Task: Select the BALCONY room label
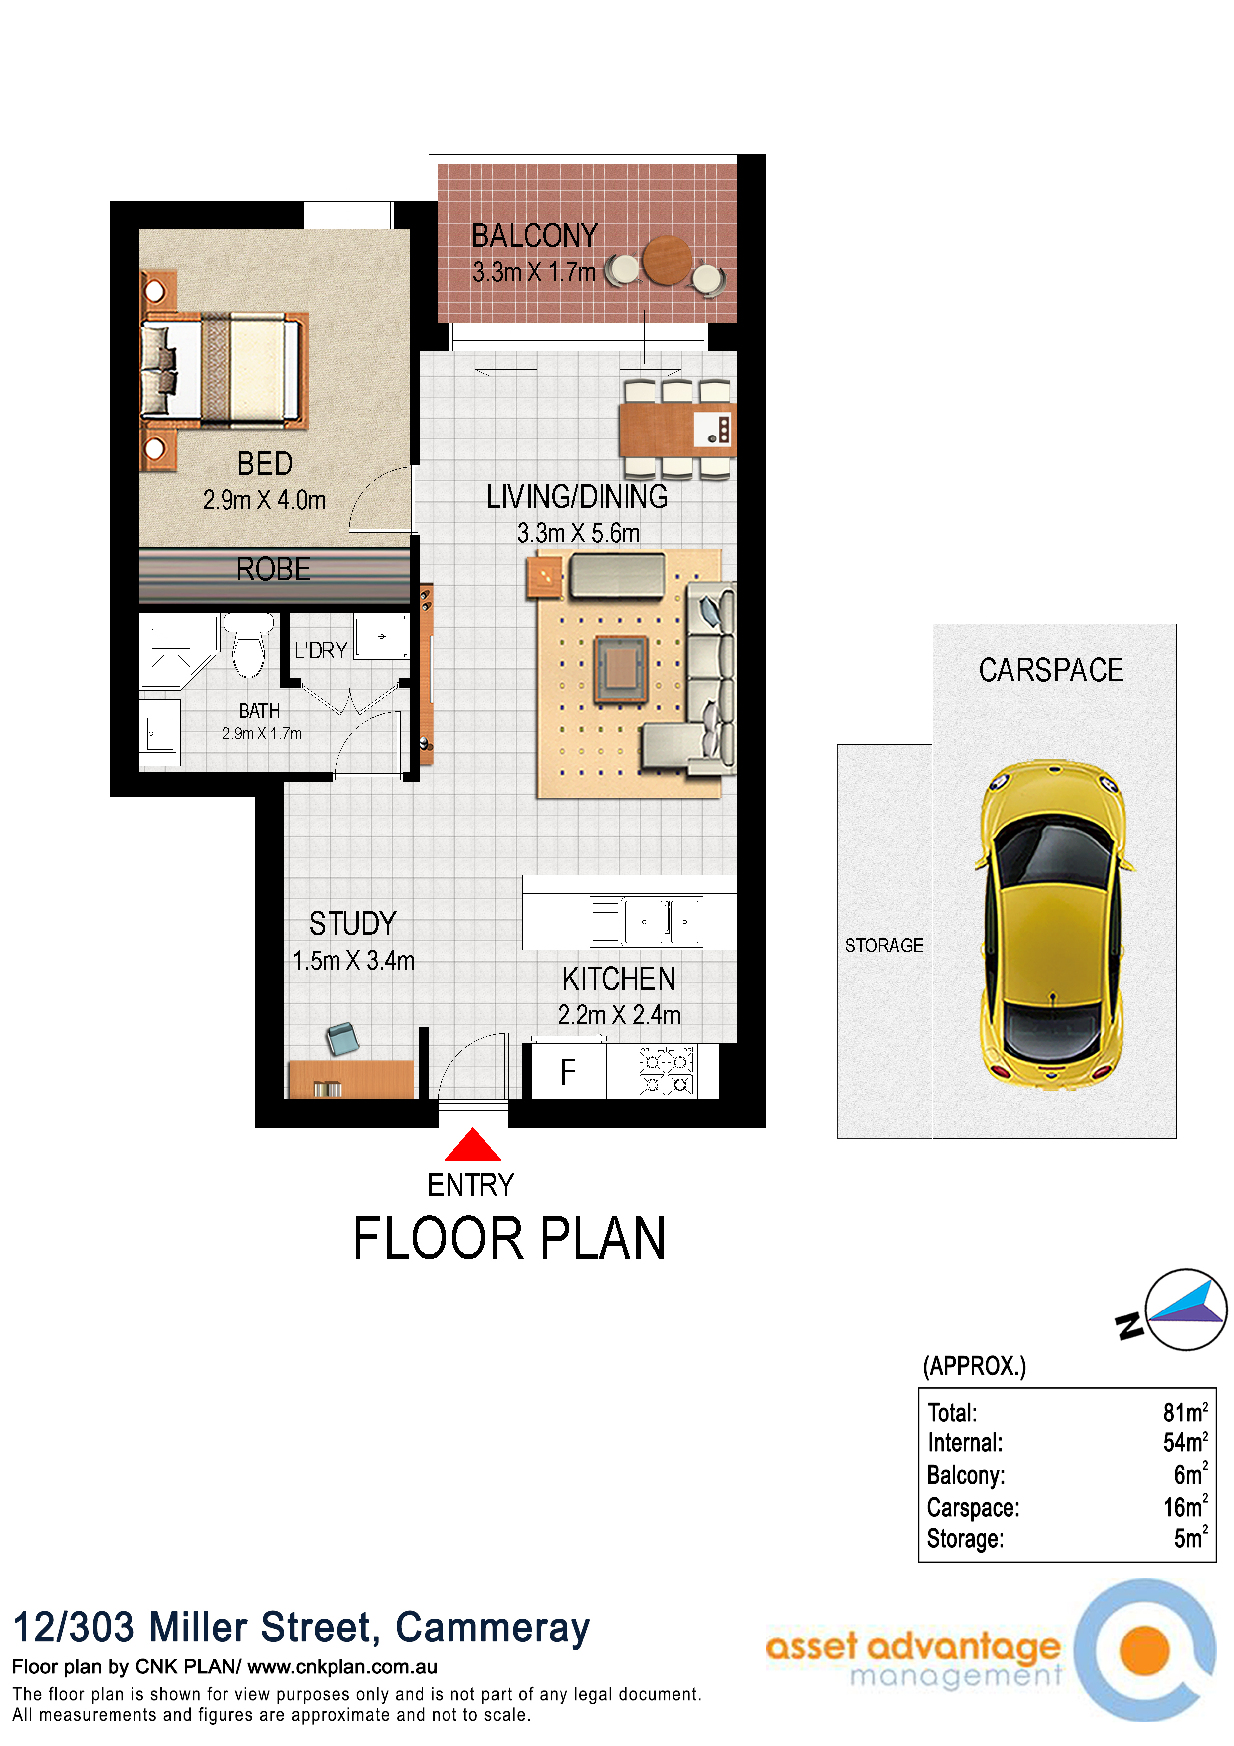click(x=535, y=236)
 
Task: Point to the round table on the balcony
click(x=667, y=260)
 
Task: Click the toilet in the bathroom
click(x=248, y=647)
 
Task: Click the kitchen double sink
click(x=662, y=922)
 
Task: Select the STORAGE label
click(x=884, y=945)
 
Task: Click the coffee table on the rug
click(x=621, y=668)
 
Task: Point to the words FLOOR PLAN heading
click(x=509, y=1239)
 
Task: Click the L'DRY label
click(x=321, y=650)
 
